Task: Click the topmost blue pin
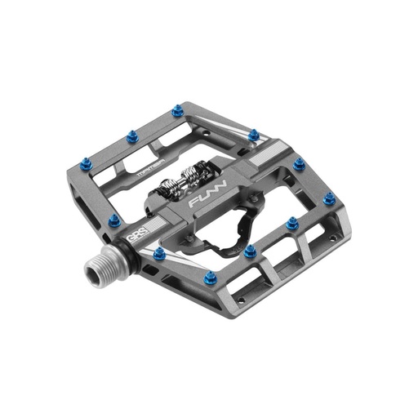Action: [178, 110]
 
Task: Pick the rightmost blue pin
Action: [328, 198]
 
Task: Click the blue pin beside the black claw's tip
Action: [249, 251]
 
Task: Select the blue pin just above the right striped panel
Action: [254, 135]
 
